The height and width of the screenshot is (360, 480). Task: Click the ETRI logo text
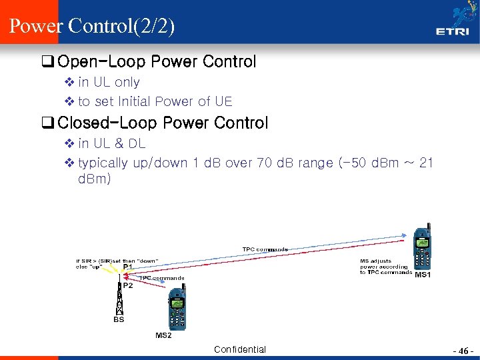[x=451, y=31]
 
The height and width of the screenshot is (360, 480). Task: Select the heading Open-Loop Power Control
[x=157, y=62]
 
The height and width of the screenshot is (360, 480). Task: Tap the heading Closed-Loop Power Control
[x=163, y=123]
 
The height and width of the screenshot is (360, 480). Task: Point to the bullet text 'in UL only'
[x=109, y=82]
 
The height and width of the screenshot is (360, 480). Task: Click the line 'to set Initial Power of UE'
[x=155, y=101]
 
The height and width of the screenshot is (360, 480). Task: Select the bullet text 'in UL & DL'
[x=111, y=143]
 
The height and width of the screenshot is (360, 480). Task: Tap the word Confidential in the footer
[x=240, y=349]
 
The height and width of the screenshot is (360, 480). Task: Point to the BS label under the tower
[x=119, y=320]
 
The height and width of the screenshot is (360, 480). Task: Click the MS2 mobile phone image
[x=177, y=308]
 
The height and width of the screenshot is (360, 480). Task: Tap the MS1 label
[x=423, y=275]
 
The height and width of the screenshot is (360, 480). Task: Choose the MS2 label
[x=163, y=335]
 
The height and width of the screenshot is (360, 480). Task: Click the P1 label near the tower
[x=127, y=267]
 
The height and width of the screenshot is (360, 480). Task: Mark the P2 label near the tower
[x=127, y=285]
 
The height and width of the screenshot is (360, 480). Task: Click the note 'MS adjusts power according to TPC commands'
[x=385, y=267]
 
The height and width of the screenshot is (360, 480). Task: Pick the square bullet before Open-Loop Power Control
[x=47, y=63]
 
